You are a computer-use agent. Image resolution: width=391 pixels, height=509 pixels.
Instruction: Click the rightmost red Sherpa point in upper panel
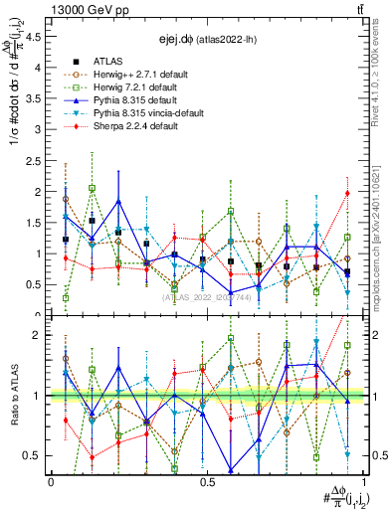click(347, 193)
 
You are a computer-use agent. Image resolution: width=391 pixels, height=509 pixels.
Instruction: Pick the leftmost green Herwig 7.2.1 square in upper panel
click(66, 297)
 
